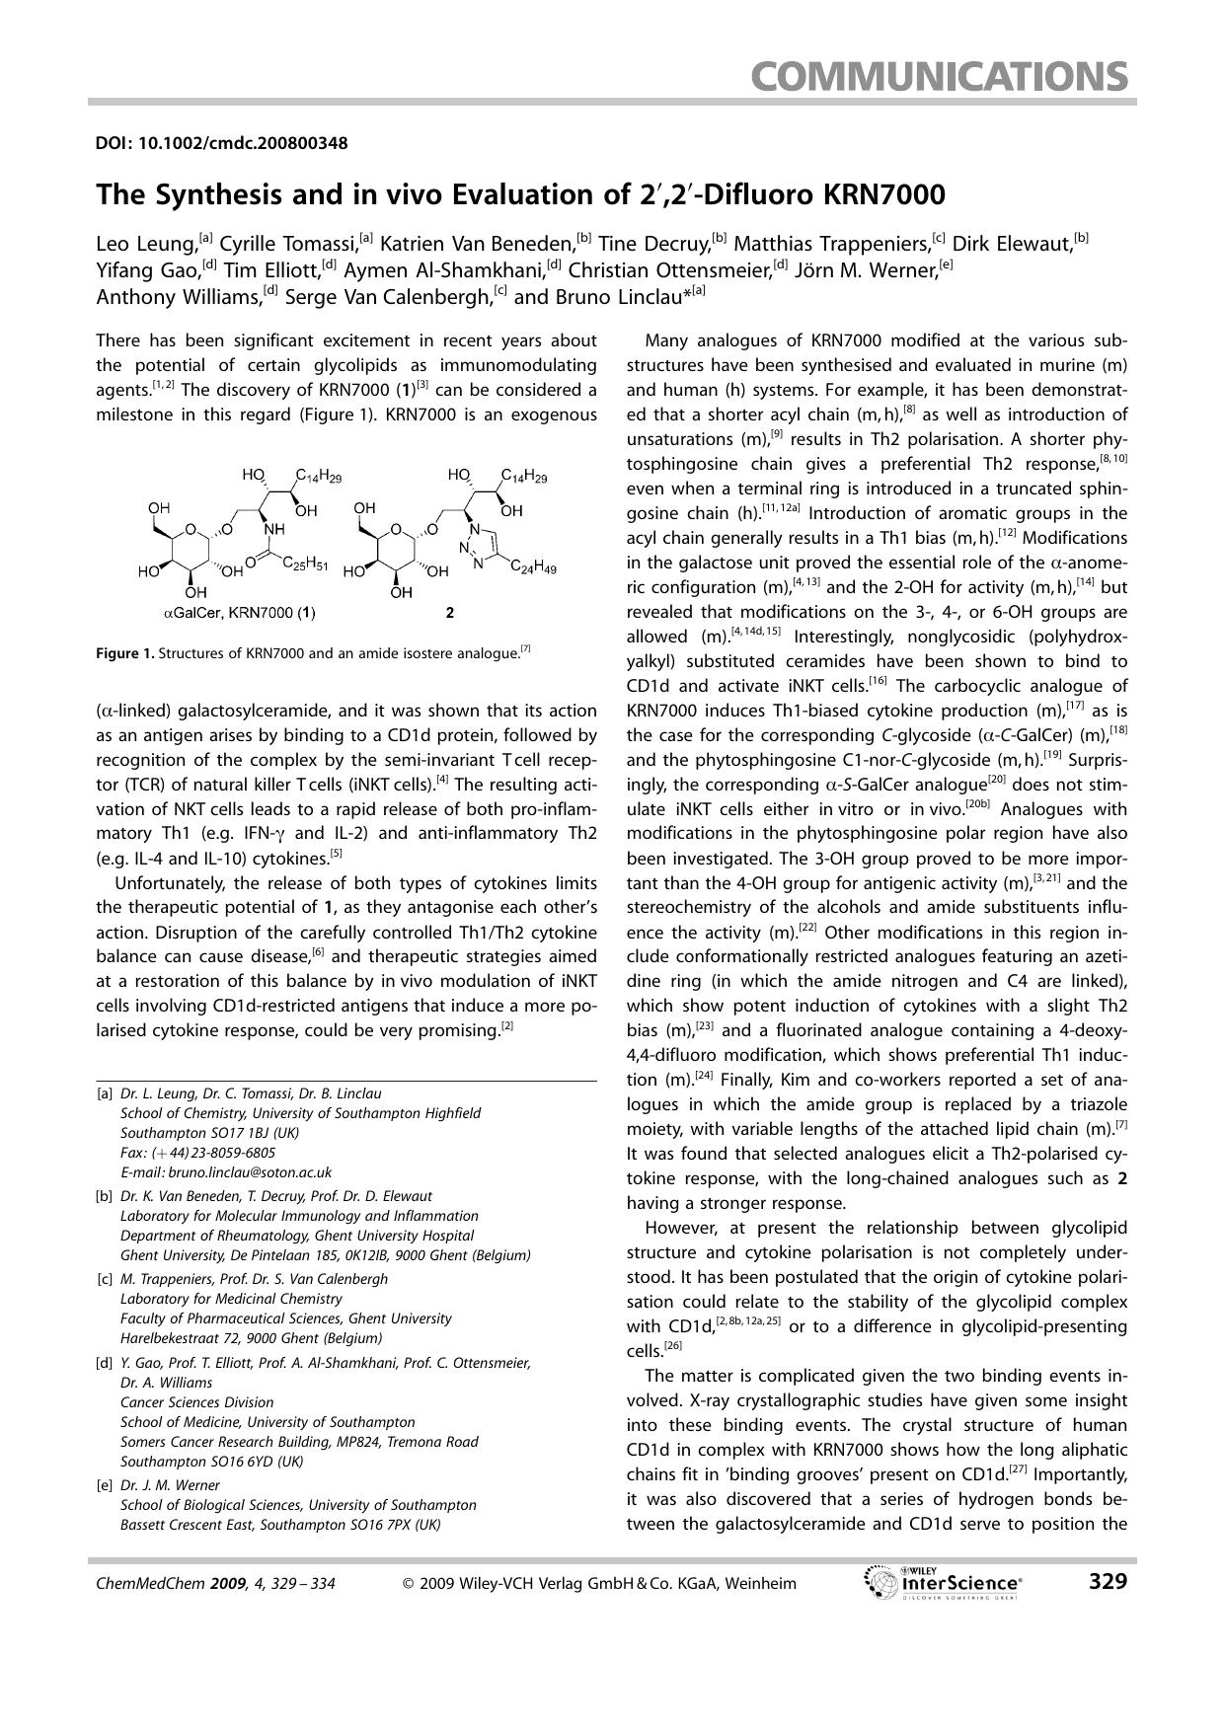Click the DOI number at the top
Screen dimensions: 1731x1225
click(221, 143)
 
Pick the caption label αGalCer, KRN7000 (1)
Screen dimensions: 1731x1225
click(239, 613)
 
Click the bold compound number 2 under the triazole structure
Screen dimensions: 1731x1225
click(450, 613)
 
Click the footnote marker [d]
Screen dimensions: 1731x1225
click(104, 1363)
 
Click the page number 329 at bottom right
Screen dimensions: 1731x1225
click(1107, 1582)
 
